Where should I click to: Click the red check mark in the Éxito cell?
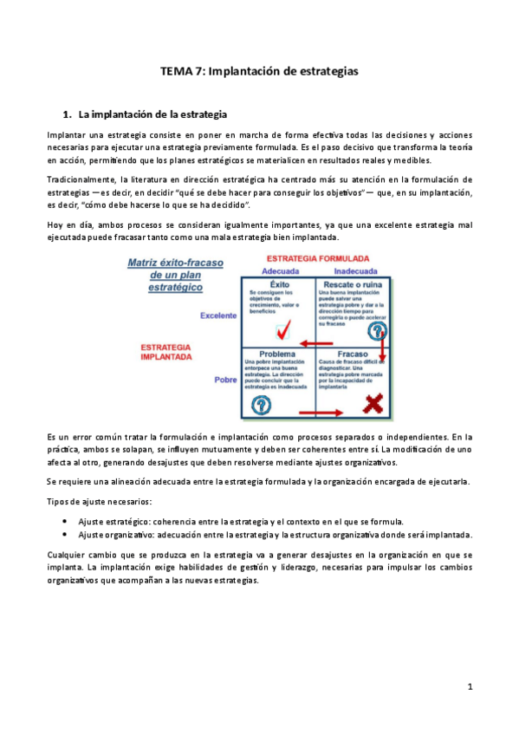coord(283,330)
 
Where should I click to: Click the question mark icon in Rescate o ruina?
coord(378,330)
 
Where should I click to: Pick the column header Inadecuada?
coord(355,270)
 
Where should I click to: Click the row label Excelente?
coord(218,315)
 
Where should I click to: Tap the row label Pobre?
coord(225,380)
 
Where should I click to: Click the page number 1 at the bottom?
coord(469,686)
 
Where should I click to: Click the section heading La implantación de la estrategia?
coord(152,114)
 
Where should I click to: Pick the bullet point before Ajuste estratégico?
coord(67,522)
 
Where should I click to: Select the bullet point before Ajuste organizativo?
coord(67,535)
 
